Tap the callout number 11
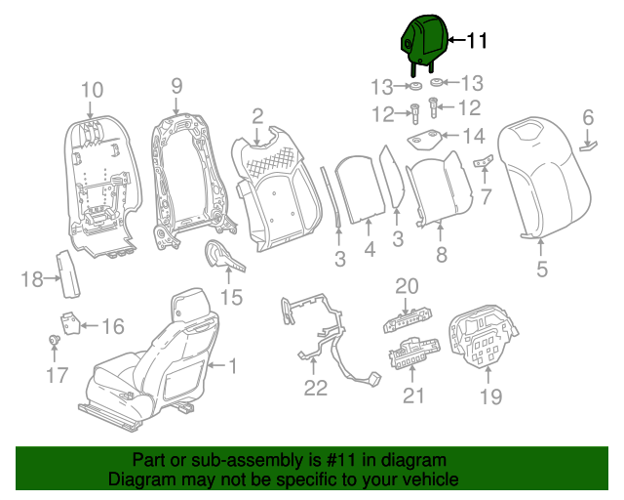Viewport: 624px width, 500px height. (476, 40)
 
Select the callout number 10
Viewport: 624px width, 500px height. (91, 91)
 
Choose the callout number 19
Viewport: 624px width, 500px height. (490, 396)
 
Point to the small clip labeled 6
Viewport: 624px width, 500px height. (589, 145)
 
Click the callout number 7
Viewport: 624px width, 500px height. (486, 196)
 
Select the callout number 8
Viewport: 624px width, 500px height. (441, 256)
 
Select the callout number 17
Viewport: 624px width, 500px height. (53, 373)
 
